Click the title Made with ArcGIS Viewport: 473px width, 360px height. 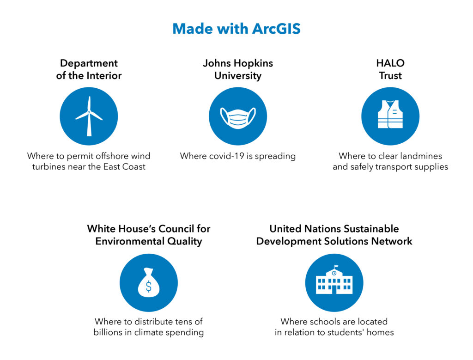(236, 29)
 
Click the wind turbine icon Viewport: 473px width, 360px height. (89, 116)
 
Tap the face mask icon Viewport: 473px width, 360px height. (238, 118)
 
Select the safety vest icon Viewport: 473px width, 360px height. (390, 114)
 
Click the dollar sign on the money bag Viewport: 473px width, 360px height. (149, 287)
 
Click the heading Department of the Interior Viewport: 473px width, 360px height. (89, 69)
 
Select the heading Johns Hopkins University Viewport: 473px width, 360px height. (238, 69)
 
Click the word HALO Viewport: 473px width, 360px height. (390, 63)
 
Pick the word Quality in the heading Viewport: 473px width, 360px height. (185, 241)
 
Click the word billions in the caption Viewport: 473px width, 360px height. (108, 332)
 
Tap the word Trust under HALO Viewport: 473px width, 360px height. (390, 75)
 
